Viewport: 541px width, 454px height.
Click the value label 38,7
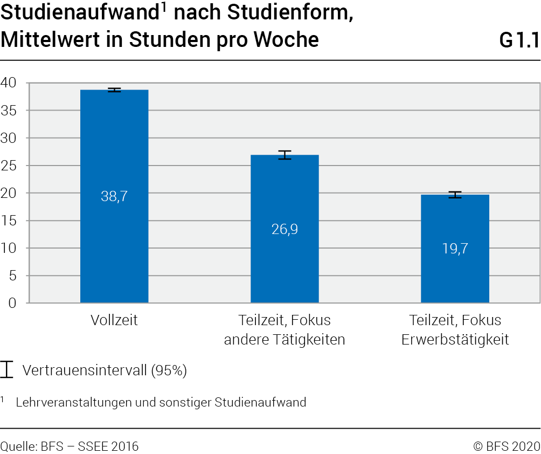pyautogui.click(x=114, y=196)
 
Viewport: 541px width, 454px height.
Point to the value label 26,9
pyautogui.click(x=285, y=229)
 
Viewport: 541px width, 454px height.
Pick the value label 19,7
pyautogui.click(x=455, y=248)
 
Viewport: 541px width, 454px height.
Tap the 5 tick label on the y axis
pyautogui.click(x=12, y=276)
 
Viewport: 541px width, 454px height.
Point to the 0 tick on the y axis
pyautogui.click(x=12, y=303)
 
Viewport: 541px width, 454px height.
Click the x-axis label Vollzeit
pyautogui.click(x=114, y=320)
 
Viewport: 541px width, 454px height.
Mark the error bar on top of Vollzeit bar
pyautogui.click(x=114, y=90)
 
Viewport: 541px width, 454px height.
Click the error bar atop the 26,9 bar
pyautogui.click(x=285, y=155)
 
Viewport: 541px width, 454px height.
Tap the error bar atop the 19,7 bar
pyautogui.click(x=455, y=195)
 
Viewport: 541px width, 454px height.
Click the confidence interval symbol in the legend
pyautogui.click(x=6, y=369)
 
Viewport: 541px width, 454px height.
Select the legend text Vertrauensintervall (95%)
pyautogui.click(x=105, y=370)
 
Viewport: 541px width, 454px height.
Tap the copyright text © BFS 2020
pyautogui.click(x=506, y=446)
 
